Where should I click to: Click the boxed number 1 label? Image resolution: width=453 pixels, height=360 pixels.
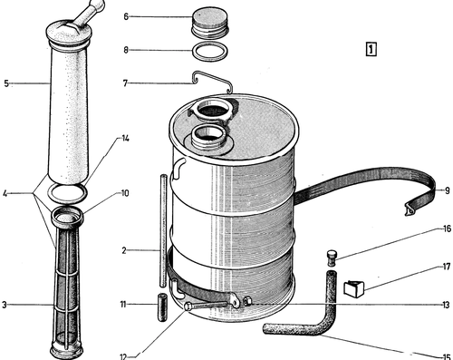[371, 49]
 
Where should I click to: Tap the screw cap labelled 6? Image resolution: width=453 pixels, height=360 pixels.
[210, 22]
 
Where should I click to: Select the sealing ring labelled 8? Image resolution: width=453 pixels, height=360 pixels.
[210, 52]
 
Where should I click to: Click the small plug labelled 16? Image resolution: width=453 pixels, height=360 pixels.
[332, 258]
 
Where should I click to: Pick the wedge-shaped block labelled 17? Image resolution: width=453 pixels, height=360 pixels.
[354, 287]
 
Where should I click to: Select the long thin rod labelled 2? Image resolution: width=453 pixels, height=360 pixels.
[163, 230]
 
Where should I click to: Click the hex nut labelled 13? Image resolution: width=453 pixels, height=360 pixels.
[247, 301]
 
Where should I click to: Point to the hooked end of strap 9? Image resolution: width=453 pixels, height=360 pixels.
[410, 209]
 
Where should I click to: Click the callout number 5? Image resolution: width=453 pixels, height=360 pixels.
[6, 83]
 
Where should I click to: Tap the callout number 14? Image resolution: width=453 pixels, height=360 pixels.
[125, 139]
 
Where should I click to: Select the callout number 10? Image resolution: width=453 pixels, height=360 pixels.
[125, 193]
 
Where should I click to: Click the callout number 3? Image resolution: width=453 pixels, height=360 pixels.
[5, 305]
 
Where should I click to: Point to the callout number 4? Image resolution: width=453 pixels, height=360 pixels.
[5, 193]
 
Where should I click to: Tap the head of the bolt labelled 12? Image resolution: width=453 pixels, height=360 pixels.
[188, 306]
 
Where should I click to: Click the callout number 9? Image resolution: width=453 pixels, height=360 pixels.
[448, 190]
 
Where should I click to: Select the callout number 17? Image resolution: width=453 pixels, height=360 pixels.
[447, 267]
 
